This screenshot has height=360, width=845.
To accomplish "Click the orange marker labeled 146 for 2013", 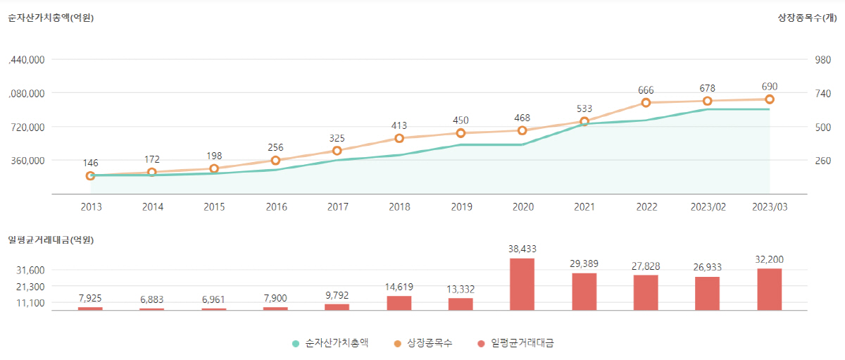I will [x=90, y=175].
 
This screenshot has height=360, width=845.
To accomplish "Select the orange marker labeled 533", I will [x=584, y=122].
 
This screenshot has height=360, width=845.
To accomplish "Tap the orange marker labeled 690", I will [x=769, y=99].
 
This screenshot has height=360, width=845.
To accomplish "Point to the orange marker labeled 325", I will [x=337, y=151].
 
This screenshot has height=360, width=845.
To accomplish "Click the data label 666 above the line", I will [x=646, y=90].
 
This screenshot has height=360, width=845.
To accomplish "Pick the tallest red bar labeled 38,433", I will [x=522, y=284].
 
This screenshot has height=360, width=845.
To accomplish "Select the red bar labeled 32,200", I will [x=769, y=289].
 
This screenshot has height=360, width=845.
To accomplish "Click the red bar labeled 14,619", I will [x=399, y=303].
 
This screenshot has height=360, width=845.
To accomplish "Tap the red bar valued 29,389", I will [x=584, y=291].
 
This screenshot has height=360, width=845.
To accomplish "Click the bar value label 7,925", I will [x=90, y=299].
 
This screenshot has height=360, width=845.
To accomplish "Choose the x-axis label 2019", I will [x=461, y=207].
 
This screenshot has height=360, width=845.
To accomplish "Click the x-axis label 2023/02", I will [x=708, y=207].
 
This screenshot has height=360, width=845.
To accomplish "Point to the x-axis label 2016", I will [x=276, y=207].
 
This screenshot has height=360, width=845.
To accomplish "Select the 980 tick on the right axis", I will [x=822, y=60].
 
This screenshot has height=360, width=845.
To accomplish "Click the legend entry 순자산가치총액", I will [x=330, y=343].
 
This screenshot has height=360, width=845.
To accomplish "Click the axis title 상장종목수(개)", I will [x=807, y=18].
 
